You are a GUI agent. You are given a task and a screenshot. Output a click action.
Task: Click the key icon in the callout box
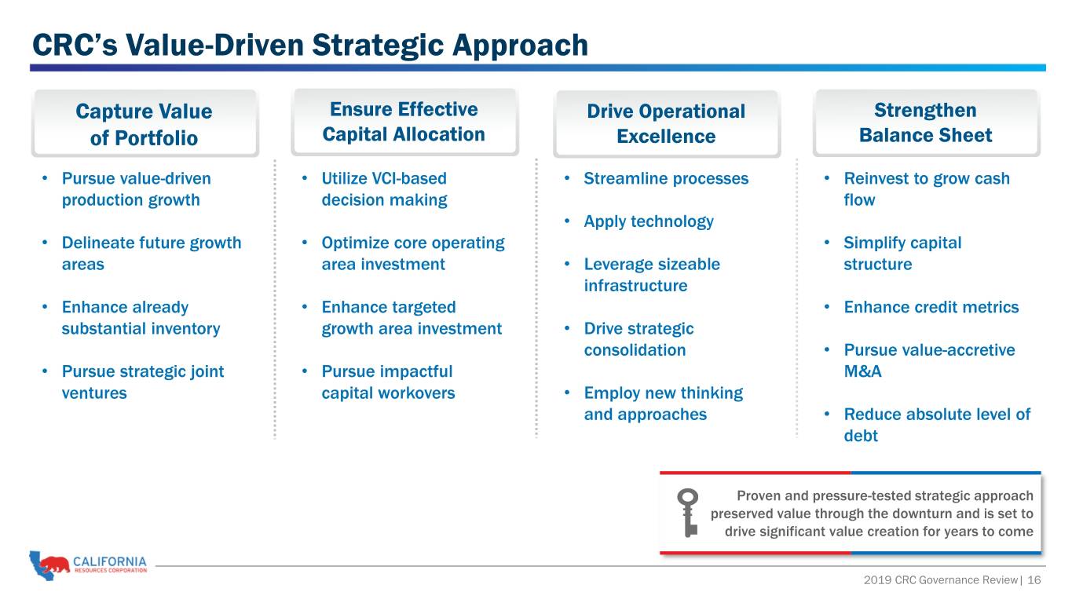point(688,513)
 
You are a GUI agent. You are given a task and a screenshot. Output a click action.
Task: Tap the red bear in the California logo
point(54,564)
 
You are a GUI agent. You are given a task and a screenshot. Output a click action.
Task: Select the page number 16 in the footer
point(1034,580)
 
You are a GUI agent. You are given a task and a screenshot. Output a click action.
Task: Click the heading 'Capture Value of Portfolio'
point(144,124)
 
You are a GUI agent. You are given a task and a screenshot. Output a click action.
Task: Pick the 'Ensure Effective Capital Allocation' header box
point(404,122)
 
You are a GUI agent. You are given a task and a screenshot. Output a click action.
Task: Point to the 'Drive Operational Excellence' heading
point(666,123)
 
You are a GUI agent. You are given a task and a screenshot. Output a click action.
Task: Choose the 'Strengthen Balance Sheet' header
point(926,122)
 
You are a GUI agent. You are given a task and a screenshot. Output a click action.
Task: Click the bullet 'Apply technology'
point(649,221)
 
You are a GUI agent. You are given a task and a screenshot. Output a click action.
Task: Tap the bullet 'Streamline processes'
point(666,178)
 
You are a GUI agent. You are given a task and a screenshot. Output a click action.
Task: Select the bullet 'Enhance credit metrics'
point(931,307)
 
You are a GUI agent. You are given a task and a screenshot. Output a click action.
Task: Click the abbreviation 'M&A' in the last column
point(862,371)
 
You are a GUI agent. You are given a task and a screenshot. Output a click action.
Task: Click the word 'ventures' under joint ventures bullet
point(94,393)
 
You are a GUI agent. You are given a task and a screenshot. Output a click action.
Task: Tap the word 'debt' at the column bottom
point(861,436)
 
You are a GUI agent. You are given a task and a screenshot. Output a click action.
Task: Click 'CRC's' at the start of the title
point(75,45)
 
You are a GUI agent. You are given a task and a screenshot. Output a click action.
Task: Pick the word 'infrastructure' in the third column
point(635,286)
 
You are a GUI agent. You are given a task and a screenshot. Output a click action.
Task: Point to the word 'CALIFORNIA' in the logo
point(110,561)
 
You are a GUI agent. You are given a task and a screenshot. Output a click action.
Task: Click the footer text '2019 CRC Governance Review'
point(940,580)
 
